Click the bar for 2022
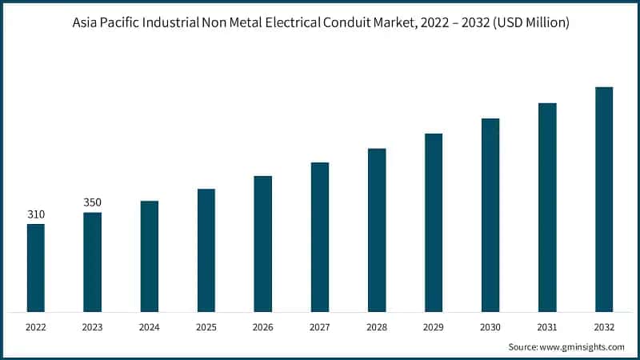(x=36, y=267)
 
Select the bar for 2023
(x=93, y=262)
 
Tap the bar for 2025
(x=206, y=250)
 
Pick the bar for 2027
(x=320, y=237)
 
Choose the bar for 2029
(x=434, y=222)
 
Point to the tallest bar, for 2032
(x=604, y=199)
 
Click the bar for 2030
(x=490, y=214)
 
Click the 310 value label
(x=36, y=214)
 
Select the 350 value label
(x=93, y=202)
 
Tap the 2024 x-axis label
(x=150, y=327)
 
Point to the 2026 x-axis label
(x=263, y=327)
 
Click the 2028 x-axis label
(x=377, y=327)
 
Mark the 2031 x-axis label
(x=547, y=327)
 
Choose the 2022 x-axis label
(x=36, y=327)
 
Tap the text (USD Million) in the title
(x=530, y=23)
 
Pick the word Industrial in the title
(x=169, y=23)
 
